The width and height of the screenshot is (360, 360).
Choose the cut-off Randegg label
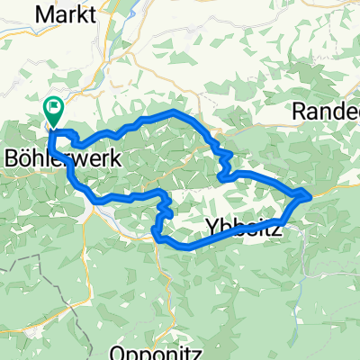coord(327,112)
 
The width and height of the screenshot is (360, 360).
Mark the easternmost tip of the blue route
coord(310,193)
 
